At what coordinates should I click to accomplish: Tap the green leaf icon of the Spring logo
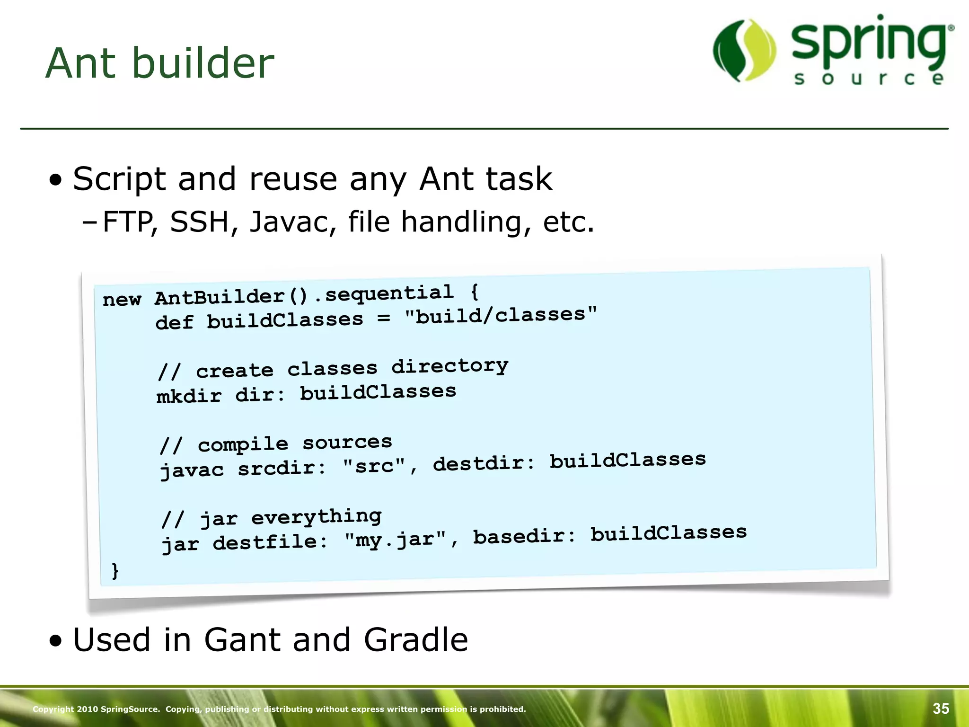744,50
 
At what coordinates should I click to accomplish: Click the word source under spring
869,79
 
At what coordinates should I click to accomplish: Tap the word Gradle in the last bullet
416,640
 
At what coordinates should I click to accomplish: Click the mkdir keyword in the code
189,396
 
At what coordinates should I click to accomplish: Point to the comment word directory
449,366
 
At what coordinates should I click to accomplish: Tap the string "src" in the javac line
374,466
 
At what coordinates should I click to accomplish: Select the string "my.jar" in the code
395,539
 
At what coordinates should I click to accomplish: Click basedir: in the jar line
524,536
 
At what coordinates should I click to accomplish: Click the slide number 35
941,709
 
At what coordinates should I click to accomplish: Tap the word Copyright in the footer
53,709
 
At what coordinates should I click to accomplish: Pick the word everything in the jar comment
316,516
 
